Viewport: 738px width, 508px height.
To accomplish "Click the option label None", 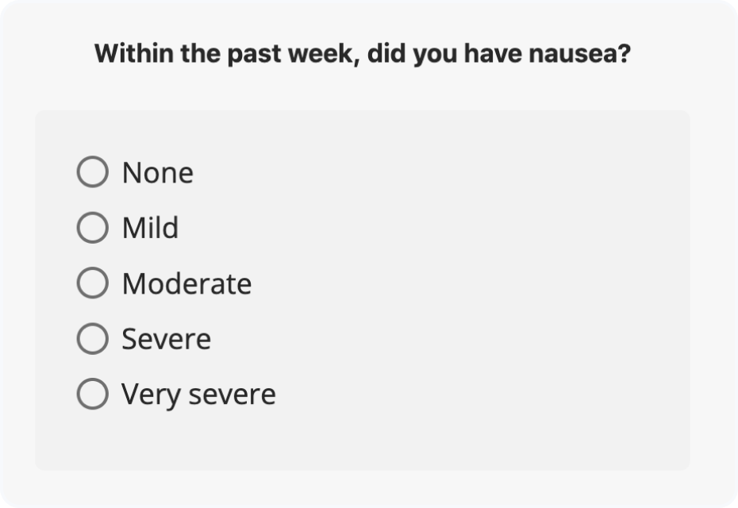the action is pyautogui.click(x=158, y=173).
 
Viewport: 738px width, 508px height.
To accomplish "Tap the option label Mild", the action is pyautogui.click(x=150, y=227).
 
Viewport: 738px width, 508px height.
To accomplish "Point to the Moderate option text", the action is pyautogui.click(x=186, y=283).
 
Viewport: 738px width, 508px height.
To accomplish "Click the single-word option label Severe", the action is pyautogui.click(x=166, y=339).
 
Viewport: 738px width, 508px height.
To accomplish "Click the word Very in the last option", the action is pyautogui.click(x=151, y=395).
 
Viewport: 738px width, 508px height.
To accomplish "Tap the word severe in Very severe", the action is pyautogui.click(x=232, y=394).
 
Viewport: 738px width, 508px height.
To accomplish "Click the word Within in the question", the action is pyautogui.click(x=134, y=53).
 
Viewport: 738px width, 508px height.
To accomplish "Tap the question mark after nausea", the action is pyautogui.click(x=625, y=53).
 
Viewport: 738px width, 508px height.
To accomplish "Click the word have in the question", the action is pyautogui.click(x=493, y=54).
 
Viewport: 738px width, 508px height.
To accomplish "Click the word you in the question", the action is pyautogui.click(x=435, y=56).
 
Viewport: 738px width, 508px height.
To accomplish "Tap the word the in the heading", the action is pyautogui.click(x=201, y=53).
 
